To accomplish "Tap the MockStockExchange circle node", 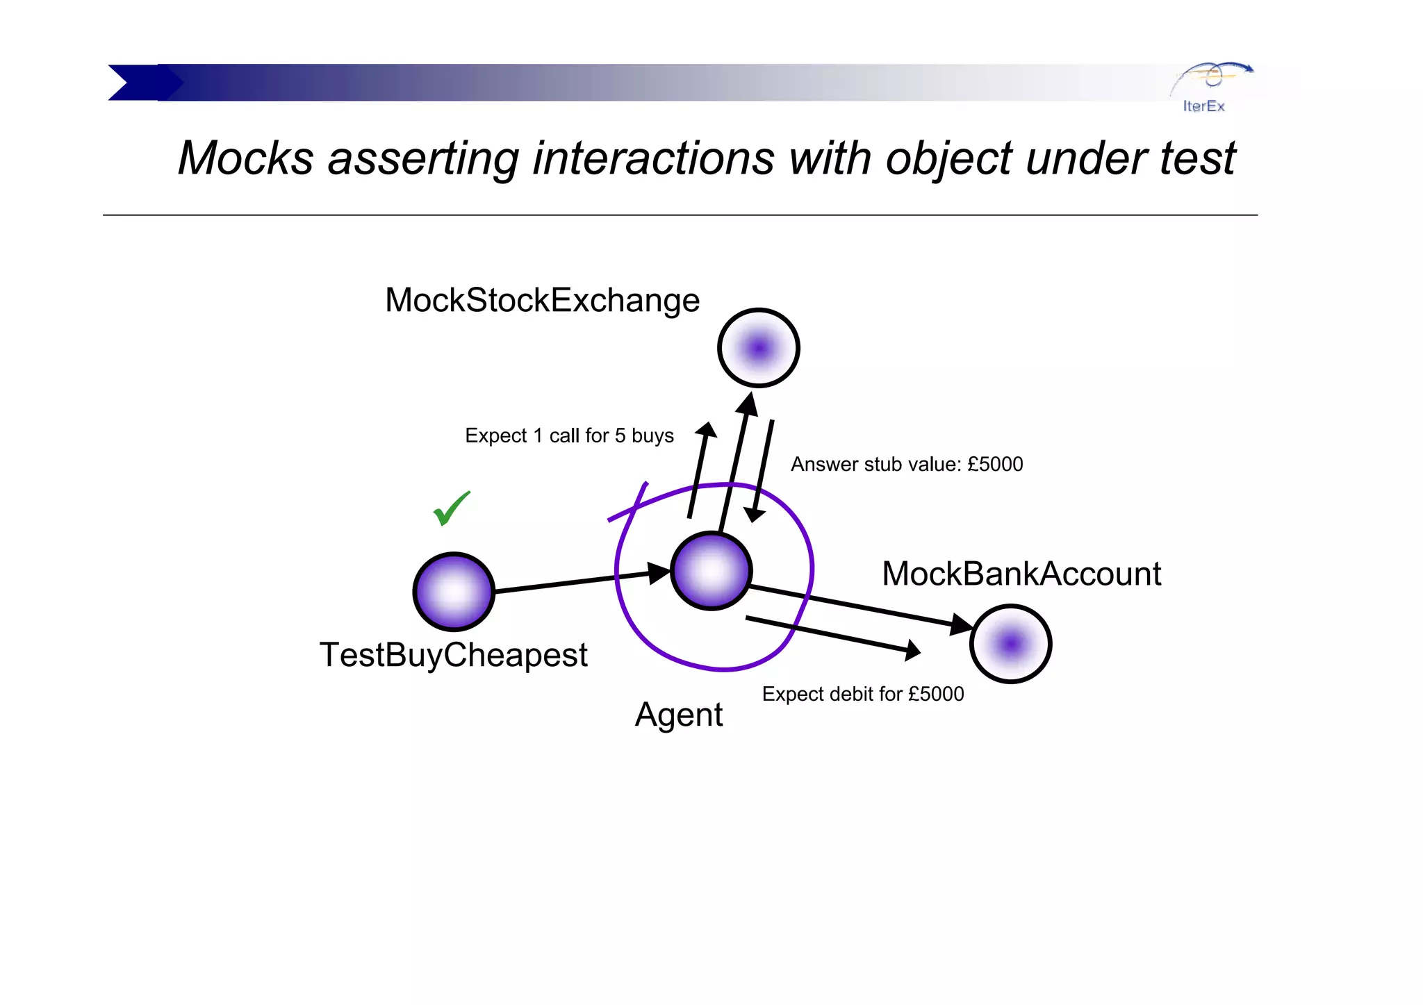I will (x=758, y=347).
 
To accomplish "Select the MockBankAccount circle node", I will (x=1010, y=644).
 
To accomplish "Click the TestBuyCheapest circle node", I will (x=454, y=592).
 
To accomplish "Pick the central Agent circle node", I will (x=711, y=571).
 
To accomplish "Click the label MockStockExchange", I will (x=542, y=300).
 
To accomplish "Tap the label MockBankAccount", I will (x=1021, y=574).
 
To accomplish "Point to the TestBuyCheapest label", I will (x=453, y=655).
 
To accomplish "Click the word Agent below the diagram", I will (x=679, y=715).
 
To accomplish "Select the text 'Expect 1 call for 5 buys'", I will (x=569, y=435).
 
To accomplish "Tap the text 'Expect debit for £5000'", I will (x=862, y=694).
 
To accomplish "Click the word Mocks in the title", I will (x=245, y=158).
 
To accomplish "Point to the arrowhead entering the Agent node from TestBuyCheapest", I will (x=659, y=572).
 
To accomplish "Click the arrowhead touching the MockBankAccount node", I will (x=962, y=624).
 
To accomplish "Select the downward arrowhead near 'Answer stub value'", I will (x=754, y=515).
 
